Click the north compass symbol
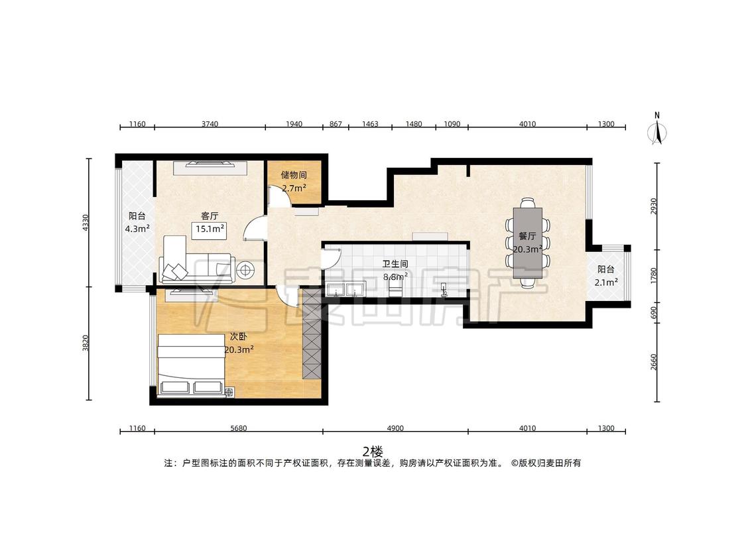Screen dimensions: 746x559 (657, 129)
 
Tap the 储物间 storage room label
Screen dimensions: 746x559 (294, 175)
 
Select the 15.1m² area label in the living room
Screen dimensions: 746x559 (210, 229)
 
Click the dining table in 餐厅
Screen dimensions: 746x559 (528, 243)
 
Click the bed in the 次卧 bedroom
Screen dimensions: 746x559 (191, 365)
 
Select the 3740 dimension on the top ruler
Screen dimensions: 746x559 (210, 124)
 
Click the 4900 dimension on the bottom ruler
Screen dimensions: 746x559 (395, 428)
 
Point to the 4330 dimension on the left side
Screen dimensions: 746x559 (86, 223)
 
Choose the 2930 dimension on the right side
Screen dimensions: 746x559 (654, 206)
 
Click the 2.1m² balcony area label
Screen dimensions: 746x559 (606, 282)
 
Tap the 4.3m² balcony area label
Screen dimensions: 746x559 (137, 229)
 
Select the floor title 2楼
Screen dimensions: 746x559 (373, 450)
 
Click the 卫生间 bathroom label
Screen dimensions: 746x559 (395, 264)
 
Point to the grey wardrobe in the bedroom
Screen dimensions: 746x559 (312, 334)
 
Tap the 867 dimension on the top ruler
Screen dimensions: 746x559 (336, 124)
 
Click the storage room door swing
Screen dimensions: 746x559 (280, 197)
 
